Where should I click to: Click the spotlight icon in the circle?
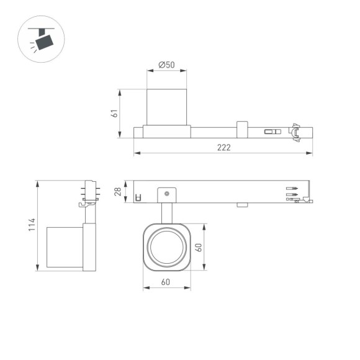tap(43, 39)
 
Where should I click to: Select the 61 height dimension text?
tap(114, 114)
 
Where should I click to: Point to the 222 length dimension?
tap(223, 147)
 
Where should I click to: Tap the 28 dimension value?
tap(117, 192)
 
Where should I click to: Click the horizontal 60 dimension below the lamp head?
tap(166, 282)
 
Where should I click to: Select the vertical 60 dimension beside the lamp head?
tap(199, 247)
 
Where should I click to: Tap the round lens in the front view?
tap(166, 247)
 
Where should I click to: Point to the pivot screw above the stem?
tap(166, 195)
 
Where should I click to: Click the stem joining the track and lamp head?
tap(166, 212)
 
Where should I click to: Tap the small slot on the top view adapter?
tap(271, 132)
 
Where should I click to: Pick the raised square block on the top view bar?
tap(241, 129)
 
